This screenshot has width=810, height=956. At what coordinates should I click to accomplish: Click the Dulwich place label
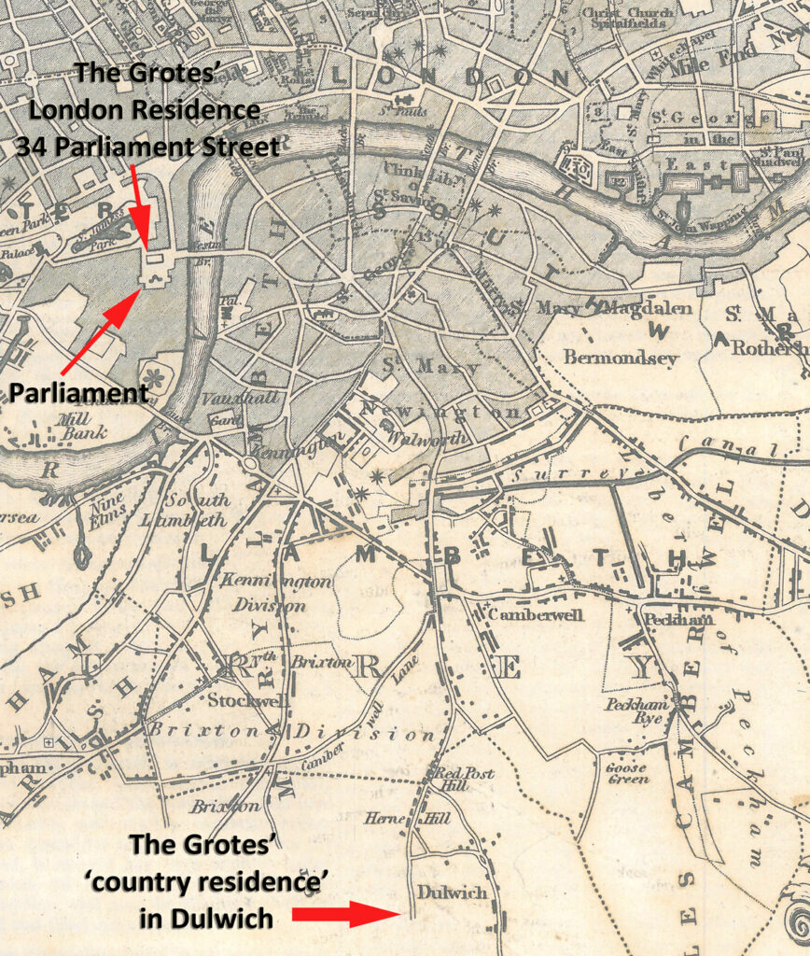452,893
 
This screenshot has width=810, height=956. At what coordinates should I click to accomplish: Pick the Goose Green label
627,773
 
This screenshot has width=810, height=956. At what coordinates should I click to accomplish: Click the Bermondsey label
607,358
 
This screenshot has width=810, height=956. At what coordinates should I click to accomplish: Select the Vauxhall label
228,398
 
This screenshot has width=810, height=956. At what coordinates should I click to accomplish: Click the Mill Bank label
83,426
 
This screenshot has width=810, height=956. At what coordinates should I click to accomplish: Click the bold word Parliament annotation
78,392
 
